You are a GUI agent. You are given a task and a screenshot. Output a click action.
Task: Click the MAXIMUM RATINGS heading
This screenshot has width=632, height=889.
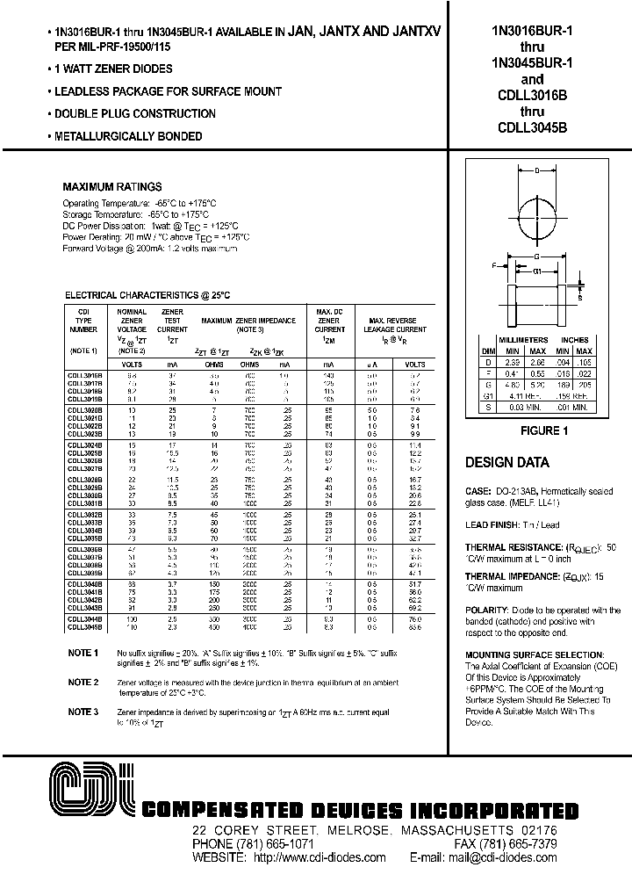[112, 187]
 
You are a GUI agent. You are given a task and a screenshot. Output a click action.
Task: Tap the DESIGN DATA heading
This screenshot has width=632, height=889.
[506, 463]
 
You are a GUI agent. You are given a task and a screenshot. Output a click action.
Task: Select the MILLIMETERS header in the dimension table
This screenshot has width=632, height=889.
[523, 339]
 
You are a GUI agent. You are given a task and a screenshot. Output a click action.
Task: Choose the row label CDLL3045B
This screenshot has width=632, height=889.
[84, 627]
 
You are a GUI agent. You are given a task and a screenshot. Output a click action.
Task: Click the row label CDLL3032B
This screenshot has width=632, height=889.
[84, 514]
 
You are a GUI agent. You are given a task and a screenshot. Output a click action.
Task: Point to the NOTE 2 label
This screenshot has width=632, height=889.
[83, 682]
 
